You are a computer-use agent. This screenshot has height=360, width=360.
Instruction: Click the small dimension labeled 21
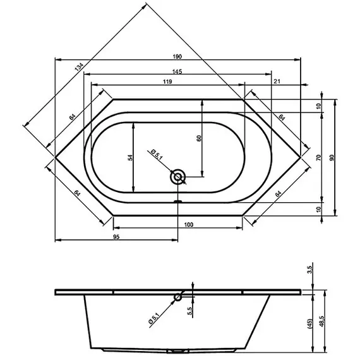(x=277, y=82)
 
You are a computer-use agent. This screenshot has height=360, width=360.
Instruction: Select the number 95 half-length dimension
(x=116, y=236)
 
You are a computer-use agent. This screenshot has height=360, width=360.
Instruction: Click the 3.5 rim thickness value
(x=309, y=269)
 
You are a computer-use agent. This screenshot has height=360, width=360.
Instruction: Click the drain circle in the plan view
(x=179, y=177)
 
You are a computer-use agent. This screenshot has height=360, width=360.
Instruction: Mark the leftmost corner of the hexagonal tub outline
(x=56, y=156)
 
